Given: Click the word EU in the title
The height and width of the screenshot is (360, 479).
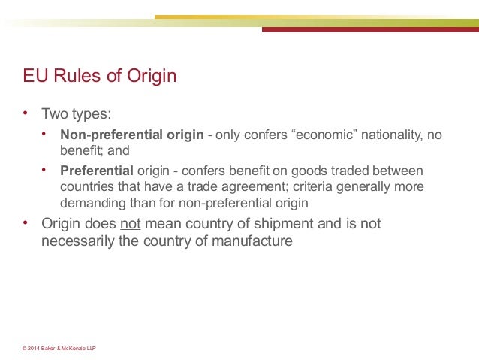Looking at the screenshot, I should (x=35, y=77).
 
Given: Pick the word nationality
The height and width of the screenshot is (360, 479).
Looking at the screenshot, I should (x=393, y=135).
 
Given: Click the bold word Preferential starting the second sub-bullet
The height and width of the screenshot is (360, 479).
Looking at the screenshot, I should (x=96, y=171).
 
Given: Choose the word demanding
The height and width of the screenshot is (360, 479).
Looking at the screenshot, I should (x=91, y=202).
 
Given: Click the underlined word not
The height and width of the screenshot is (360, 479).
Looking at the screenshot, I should (x=131, y=224).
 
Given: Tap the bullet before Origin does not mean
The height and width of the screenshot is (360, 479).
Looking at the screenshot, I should (x=26, y=223).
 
